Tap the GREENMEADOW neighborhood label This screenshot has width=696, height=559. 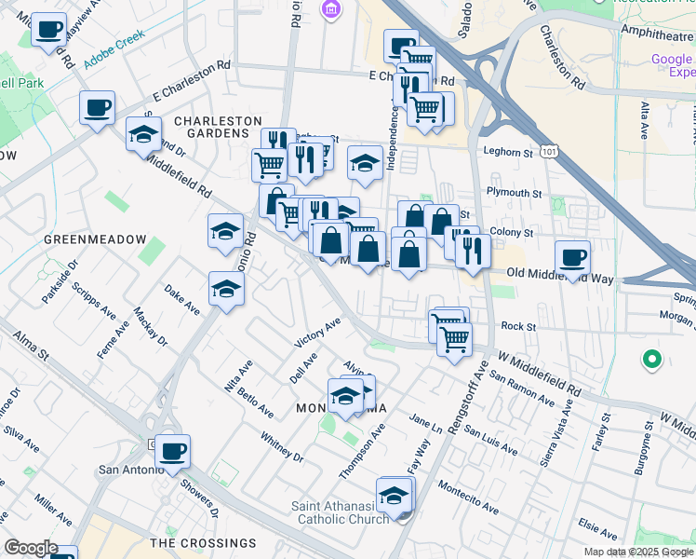pyautogui.click(x=95, y=239)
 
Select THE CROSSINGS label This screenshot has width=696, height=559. pyautogui.click(x=203, y=542)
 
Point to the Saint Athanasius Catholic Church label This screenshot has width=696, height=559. pyautogui.click(x=343, y=512)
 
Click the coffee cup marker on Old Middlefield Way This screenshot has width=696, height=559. pyautogui.click(x=572, y=256)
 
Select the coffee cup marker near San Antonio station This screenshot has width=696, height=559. pyautogui.click(x=172, y=451)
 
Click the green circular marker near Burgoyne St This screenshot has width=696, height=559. pyautogui.click(x=652, y=358)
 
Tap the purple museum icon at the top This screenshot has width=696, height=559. pyautogui.click(x=328, y=10)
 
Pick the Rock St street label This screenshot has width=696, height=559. pyautogui.click(x=518, y=327)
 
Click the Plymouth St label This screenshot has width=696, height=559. pyautogui.click(x=515, y=193)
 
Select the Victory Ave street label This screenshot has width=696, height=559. pyautogui.click(x=318, y=333)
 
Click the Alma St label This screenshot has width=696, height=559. pyautogui.click(x=30, y=346)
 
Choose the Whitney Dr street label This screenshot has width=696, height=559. pyautogui.click(x=282, y=446)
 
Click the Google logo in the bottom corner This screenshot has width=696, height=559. pyautogui.click(x=30, y=548)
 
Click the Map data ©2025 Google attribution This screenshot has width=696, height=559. pyautogui.click(x=637, y=552)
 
